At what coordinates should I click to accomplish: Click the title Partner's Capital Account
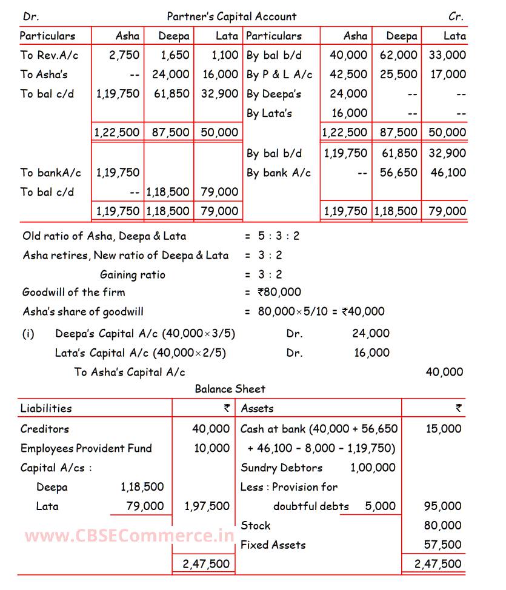click(232, 16)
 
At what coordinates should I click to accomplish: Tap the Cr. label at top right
click(456, 16)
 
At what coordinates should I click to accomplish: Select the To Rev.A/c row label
click(49, 55)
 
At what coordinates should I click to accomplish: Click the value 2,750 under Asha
click(124, 55)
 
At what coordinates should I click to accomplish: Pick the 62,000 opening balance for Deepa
click(399, 55)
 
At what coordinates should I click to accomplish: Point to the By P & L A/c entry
click(279, 75)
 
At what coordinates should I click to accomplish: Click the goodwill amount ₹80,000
click(279, 292)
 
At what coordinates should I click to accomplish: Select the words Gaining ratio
click(132, 274)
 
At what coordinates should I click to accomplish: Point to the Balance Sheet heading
click(230, 389)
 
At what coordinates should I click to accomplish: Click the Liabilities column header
click(46, 408)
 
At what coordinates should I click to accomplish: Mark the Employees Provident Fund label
click(86, 448)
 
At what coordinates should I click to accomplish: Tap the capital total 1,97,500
click(207, 506)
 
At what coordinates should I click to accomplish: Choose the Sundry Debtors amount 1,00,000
click(373, 468)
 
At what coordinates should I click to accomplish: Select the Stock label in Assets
click(256, 525)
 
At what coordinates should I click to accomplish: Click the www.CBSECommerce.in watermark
click(129, 535)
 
